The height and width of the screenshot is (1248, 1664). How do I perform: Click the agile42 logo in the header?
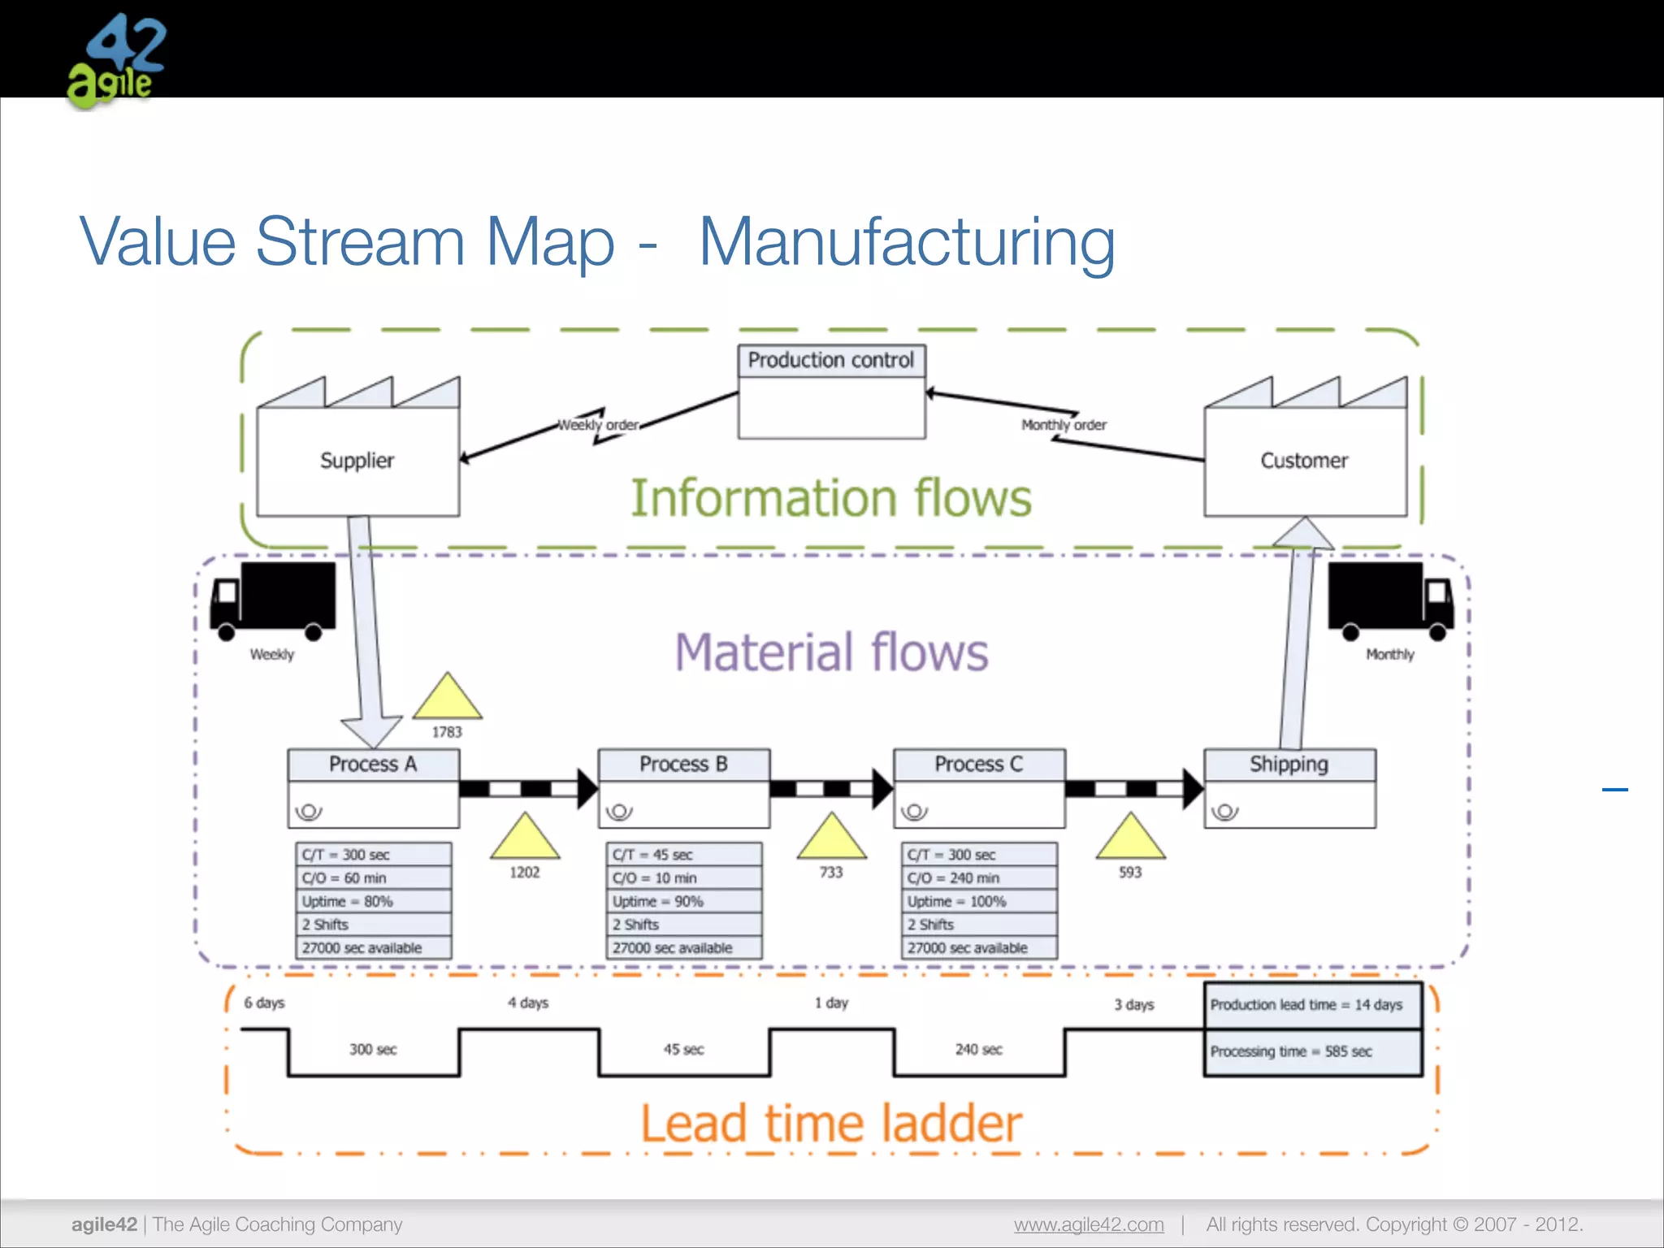(115, 61)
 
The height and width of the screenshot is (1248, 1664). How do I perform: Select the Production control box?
(831, 392)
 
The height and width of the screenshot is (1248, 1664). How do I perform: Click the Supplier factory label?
(357, 461)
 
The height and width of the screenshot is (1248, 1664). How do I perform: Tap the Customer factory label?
(1304, 461)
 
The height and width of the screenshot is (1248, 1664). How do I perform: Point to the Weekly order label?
(599, 425)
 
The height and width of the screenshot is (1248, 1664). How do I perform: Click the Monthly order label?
(1064, 425)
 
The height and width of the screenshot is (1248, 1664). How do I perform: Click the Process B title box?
(683, 765)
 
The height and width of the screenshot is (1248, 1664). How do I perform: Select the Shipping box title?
(1289, 765)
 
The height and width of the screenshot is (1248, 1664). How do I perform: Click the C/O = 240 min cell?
(978, 878)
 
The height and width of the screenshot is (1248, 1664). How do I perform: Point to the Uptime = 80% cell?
(373, 902)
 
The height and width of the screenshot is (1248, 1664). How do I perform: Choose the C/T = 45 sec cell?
(683, 855)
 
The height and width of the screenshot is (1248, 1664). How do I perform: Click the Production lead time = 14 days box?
(1312, 1005)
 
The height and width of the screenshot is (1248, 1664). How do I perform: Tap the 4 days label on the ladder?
(528, 1003)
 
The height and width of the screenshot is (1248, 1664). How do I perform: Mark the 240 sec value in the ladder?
(978, 1050)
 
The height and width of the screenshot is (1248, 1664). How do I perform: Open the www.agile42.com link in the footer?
(1089, 1224)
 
